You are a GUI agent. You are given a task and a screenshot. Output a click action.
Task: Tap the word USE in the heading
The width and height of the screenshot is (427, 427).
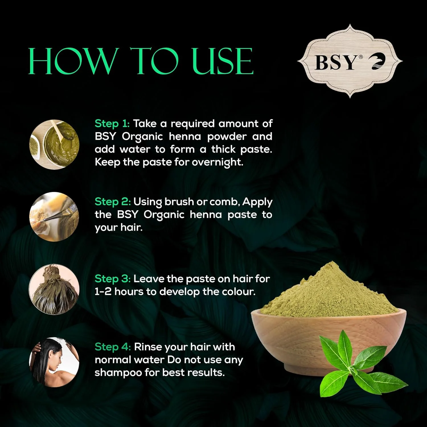pos(222,61)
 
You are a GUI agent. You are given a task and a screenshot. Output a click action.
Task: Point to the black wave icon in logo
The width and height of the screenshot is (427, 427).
pos(378,62)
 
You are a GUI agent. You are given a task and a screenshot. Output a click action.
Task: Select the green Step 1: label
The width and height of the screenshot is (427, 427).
pos(112,124)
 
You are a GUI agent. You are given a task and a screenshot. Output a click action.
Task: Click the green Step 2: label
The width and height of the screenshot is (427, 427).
pos(113,202)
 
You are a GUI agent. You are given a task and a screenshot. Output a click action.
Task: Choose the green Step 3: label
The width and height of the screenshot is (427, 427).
pos(113,279)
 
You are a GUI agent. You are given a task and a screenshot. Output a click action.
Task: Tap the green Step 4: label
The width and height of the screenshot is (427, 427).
pos(113,347)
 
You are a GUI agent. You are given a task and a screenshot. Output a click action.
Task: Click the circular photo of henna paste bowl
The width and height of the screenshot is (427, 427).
pos(54,144)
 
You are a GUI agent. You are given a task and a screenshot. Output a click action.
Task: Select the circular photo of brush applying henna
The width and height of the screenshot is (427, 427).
pos(54,217)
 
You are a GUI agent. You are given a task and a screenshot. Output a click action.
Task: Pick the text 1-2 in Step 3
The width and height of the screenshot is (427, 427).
pos(103,292)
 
